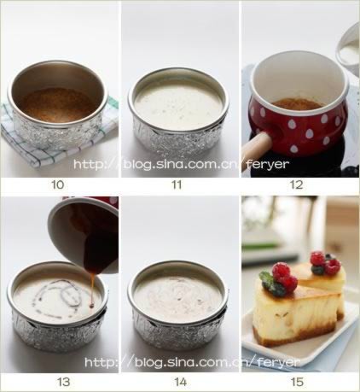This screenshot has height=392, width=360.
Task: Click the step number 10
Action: click(x=58, y=184)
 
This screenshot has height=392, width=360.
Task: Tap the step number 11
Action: click(x=177, y=184)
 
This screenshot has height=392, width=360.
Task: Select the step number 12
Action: click(x=296, y=184)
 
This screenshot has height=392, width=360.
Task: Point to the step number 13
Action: click(x=63, y=382)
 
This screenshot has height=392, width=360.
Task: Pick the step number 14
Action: click(x=180, y=382)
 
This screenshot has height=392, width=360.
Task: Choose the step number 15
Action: click(x=297, y=382)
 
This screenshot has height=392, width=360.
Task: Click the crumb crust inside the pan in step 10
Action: click(x=58, y=105)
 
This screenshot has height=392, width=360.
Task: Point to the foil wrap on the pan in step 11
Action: click(x=177, y=138)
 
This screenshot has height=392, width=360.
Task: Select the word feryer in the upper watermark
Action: click(x=268, y=164)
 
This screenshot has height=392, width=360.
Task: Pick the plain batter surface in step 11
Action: click(x=178, y=101)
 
